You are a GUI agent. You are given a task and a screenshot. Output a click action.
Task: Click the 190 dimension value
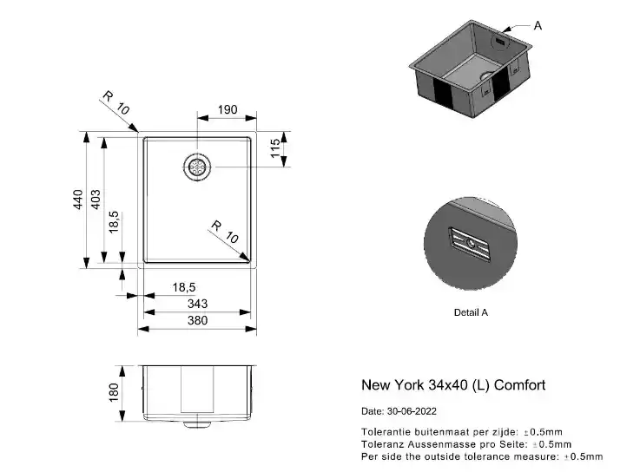tap(228, 109)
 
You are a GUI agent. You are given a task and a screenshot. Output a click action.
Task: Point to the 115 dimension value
tap(275, 147)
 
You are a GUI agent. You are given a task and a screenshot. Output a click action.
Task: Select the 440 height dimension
tap(77, 199)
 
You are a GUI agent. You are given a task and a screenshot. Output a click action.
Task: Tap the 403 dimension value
tap(96, 199)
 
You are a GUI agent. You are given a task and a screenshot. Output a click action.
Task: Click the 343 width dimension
tap(197, 304)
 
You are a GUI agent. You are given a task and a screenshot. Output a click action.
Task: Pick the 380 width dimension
tap(197, 320)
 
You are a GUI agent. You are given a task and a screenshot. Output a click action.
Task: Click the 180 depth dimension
tap(114, 392)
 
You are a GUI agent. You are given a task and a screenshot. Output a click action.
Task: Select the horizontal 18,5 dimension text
tap(184, 287)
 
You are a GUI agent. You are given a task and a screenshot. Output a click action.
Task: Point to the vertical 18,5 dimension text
tap(114, 222)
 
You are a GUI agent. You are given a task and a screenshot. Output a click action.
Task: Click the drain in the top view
tap(197, 167)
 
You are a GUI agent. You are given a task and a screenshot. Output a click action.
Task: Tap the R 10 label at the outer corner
tap(115, 102)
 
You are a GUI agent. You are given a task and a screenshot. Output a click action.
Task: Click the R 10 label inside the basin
tap(225, 232)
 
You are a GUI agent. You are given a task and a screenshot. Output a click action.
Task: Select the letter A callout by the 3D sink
tap(538, 26)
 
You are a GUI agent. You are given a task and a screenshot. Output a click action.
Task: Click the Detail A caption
tap(471, 312)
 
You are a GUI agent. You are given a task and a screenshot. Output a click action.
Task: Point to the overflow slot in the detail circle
tap(470, 244)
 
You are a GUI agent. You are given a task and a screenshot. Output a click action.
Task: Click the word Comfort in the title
tap(519, 384)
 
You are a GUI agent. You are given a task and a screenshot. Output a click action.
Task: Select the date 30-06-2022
tap(412, 411)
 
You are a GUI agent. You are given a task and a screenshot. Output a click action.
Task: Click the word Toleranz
tap(383, 444)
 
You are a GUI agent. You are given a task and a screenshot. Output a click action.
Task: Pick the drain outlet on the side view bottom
tap(197, 424)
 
